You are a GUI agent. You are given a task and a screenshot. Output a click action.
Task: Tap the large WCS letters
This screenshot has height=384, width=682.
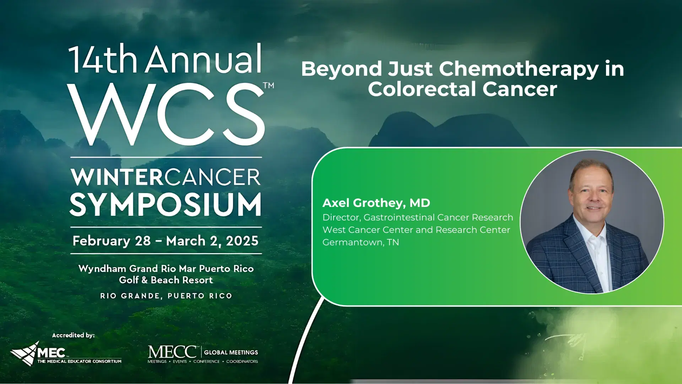pos(166,114)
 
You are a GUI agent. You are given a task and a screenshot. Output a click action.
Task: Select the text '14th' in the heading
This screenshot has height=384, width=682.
pos(103,59)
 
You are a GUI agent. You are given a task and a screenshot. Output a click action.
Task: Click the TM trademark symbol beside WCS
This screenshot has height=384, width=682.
pos(269,85)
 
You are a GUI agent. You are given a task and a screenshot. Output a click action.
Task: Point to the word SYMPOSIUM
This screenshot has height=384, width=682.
pos(166,205)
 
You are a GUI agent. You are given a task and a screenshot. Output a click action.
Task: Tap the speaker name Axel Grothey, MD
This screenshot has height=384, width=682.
pos(376,203)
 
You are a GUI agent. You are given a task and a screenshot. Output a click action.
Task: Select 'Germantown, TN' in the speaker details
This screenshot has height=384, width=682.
pos(361,242)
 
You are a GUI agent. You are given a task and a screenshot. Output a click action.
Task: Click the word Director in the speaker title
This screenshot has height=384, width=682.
pos(341,217)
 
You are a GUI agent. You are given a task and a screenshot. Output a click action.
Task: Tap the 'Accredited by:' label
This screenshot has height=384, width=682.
pos(73,335)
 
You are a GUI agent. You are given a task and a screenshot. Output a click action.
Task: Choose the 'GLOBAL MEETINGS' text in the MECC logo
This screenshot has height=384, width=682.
pos(231,352)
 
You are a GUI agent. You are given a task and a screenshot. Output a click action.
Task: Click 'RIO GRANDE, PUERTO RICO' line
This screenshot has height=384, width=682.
pos(166,296)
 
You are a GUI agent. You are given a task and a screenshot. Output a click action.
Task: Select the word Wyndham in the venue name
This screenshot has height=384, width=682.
pos(102,269)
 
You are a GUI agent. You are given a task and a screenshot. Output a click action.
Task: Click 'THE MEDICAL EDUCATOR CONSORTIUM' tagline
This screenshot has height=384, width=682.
pos(79,362)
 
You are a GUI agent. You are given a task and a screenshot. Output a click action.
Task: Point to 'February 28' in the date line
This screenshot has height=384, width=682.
pos(112,241)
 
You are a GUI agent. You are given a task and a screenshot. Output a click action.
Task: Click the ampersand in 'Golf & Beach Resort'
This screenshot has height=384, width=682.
pos(144,280)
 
